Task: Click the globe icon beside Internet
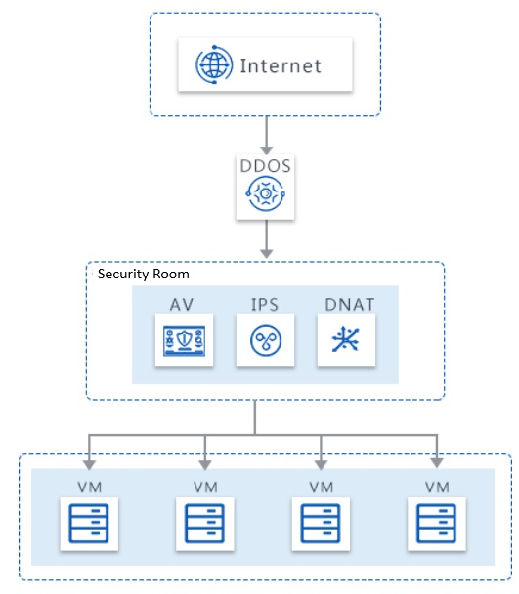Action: pyautogui.click(x=214, y=64)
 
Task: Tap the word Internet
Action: pyautogui.click(x=281, y=65)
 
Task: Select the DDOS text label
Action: pyautogui.click(x=266, y=166)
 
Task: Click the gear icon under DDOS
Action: pyautogui.click(x=266, y=193)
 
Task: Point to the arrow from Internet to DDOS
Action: pyautogui.click(x=267, y=135)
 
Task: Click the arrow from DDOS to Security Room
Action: pyautogui.click(x=267, y=238)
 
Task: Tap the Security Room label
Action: pyautogui.click(x=144, y=274)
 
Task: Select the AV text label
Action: pyautogui.click(x=182, y=305)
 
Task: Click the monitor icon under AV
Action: pyautogui.click(x=185, y=341)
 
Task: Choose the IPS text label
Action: pyautogui.click(x=265, y=305)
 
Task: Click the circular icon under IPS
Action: pyautogui.click(x=266, y=340)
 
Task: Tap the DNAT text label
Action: pyautogui.click(x=350, y=305)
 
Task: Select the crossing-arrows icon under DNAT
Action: pyautogui.click(x=345, y=339)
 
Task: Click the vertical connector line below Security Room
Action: pyautogui.click(x=255, y=417)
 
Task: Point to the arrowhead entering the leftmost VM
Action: pyautogui.click(x=89, y=465)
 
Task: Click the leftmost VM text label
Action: pyautogui.click(x=90, y=487)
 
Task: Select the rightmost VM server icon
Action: pyautogui.click(x=436, y=523)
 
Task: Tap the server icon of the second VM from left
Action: pyautogui.click(x=204, y=523)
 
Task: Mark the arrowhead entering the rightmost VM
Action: pyautogui.click(x=437, y=462)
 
